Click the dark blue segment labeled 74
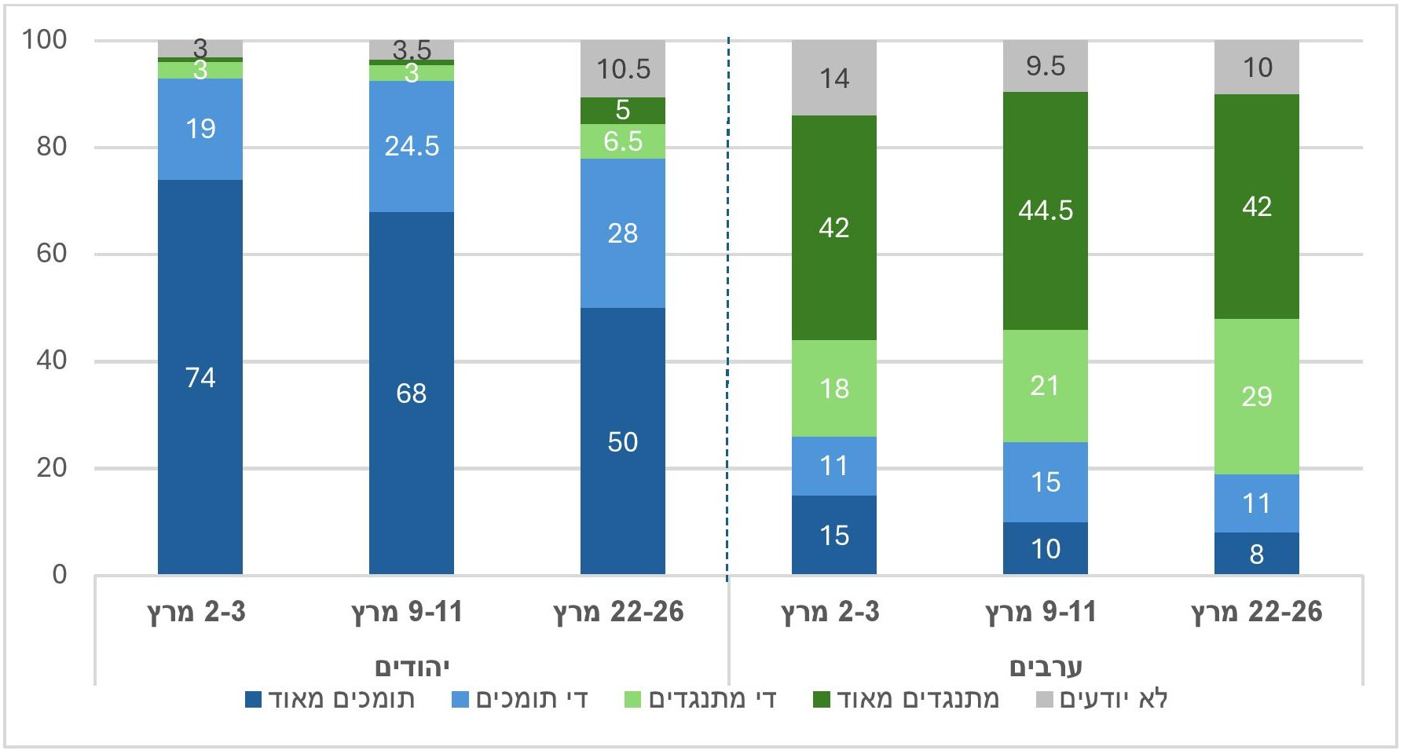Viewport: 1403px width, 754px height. (200, 377)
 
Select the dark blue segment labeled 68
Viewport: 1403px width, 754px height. (412, 393)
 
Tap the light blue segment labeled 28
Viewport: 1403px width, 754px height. (623, 233)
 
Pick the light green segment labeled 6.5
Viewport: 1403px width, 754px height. (623, 141)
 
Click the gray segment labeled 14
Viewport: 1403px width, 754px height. (834, 78)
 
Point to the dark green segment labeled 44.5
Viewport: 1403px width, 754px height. (1046, 210)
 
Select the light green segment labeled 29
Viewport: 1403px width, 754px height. (1257, 396)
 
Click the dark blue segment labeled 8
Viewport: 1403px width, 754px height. (1257, 554)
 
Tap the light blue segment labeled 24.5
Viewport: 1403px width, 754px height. (412, 146)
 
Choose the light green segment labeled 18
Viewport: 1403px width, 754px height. (834, 388)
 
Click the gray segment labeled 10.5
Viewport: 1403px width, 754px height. (623, 69)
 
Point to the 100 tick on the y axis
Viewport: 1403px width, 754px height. (45, 39)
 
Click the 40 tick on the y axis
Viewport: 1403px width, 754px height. (52, 361)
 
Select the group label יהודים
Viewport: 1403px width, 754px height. (412, 668)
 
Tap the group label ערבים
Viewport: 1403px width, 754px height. (1046, 668)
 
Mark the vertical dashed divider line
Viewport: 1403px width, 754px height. (728, 314)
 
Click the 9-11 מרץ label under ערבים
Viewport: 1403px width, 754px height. (1041, 612)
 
